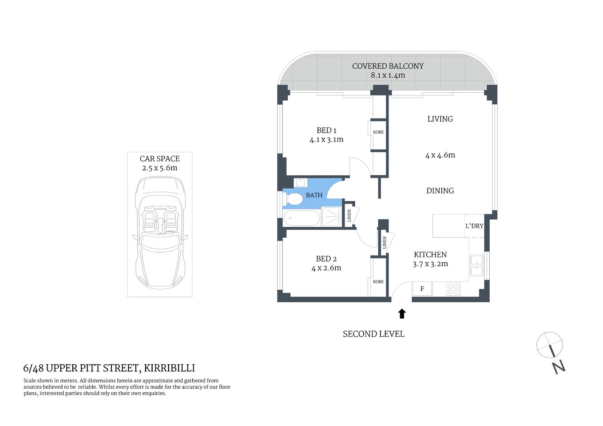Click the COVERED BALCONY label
point(387,66)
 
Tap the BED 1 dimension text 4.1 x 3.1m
point(326,139)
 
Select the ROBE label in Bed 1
point(378,132)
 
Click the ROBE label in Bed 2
point(378,282)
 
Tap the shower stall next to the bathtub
point(332,217)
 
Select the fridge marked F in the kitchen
point(422,289)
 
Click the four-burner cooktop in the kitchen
point(453,289)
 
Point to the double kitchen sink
point(476,265)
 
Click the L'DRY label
point(474,226)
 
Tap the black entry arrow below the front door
point(402,314)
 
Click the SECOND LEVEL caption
point(373,334)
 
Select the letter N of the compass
point(559,367)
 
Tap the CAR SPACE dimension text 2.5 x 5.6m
point(159,168)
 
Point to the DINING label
point(440,191)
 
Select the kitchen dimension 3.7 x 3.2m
point(430,264)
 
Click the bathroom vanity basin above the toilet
point(300,182)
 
